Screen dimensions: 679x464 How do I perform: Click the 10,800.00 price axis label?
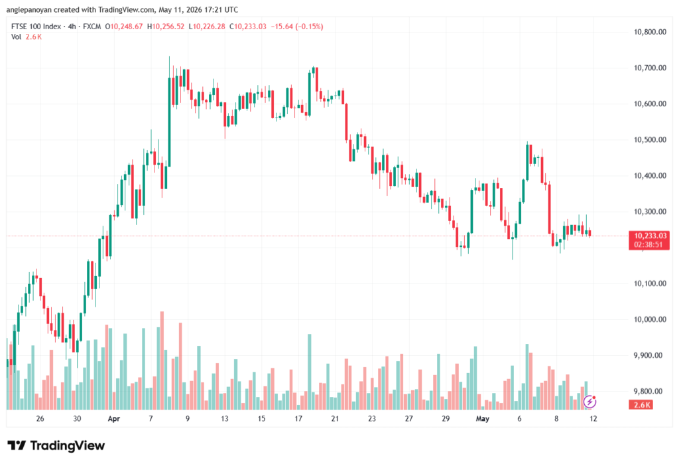650,32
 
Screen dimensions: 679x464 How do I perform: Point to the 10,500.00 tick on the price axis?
650,139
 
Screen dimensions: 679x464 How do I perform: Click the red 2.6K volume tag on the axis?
642,405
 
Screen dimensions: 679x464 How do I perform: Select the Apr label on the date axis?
114,418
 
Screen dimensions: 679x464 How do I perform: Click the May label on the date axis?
483,418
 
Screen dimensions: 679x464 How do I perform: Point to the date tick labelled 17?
298,418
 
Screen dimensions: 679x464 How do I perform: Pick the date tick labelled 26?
40,418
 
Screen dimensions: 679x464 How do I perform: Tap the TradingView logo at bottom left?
56,445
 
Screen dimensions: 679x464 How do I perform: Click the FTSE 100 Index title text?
36,27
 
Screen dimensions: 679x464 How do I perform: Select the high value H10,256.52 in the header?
165,27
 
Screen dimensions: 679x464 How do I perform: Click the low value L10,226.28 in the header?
207,27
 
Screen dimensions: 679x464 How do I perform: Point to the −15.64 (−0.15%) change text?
297,27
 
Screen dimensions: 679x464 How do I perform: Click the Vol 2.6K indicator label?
27,37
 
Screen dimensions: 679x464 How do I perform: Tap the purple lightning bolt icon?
589,402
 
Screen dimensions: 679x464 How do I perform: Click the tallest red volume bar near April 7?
162,360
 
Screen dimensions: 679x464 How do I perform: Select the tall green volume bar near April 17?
310,372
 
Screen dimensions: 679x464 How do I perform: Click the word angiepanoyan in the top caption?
29,9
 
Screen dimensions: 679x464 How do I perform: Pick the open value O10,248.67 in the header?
124,27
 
